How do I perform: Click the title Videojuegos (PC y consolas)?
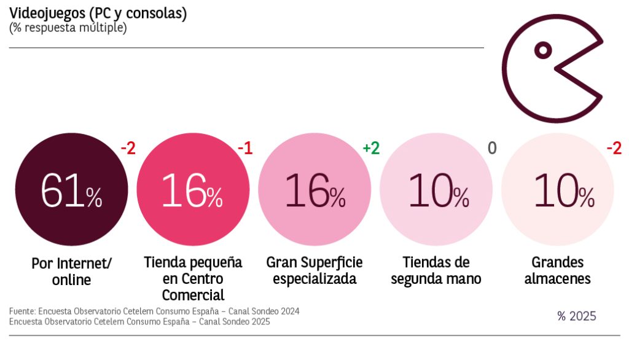click(x=98, y=14)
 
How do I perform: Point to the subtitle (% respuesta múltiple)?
click(x=68, y=28)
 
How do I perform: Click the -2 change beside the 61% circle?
click(x=127, y=148)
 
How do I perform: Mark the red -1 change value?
click(x=245, y=148)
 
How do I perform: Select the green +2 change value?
click(x=371, y=148)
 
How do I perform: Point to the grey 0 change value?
click(x=492, y=148)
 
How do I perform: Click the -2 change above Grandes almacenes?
click(x=614, y=148)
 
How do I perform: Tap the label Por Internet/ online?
click(x=71, y=272)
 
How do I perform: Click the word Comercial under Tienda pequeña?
click(x=193, y=295)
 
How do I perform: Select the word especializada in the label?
click(x=314, y=279)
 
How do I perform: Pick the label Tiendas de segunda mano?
click(x=437, y=271)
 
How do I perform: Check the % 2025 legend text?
click(x=576, y=316)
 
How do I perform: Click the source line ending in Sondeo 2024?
click(x=154, y=311)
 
